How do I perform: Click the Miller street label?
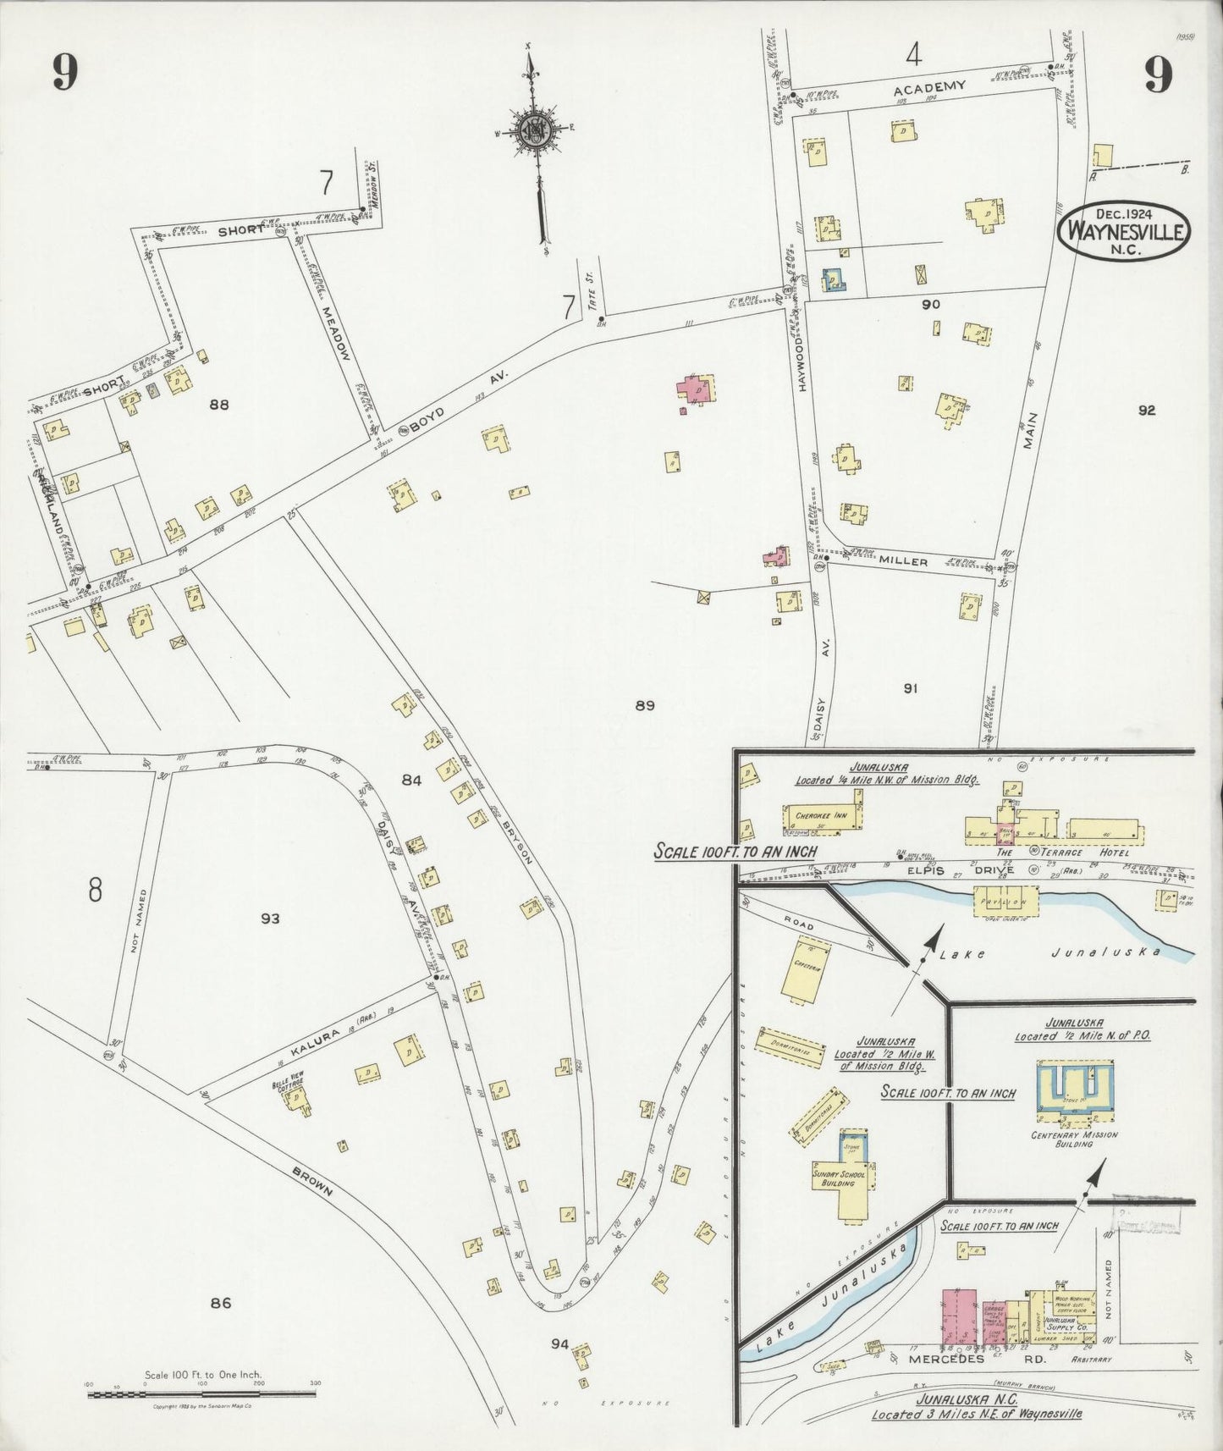pos(903,561)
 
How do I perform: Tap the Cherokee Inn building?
pos(821,818)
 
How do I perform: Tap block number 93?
pos(270,919)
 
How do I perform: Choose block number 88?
pos(219,405)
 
